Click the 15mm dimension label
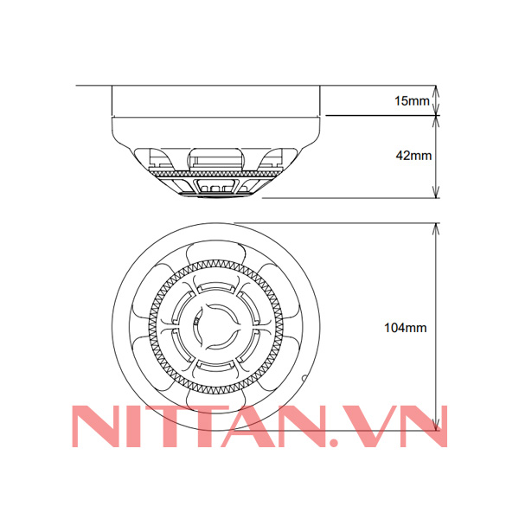(x=411, y=101)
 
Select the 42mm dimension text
(x=413, y=156)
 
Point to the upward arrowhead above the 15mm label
(x=436, y=90)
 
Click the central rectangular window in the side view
(x=215, y=158)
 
